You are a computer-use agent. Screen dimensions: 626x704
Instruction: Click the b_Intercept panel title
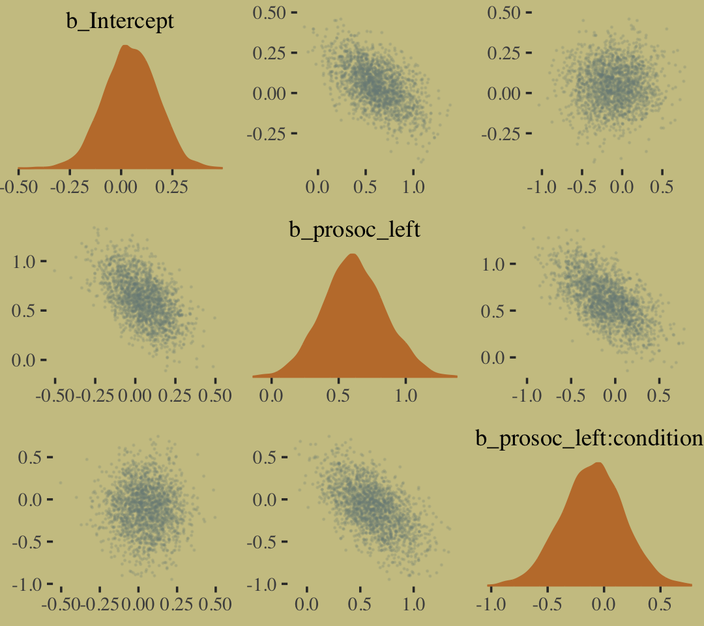pyautogui.click(x=121, y=22)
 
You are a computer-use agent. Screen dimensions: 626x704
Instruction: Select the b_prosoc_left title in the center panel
pyautogui.click(x=355, y=230)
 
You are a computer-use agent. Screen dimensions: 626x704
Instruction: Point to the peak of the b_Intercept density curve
pyautogui.click(x=125, y=46)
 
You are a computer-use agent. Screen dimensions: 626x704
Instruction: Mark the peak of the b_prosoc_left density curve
pyautogui.click(x=353, y=254)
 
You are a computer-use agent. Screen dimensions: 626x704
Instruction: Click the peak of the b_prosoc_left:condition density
pyautogui.click(x=598, y=463)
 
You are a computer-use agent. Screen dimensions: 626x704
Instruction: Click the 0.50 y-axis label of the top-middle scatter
pyautogui.click(x=268, y=12)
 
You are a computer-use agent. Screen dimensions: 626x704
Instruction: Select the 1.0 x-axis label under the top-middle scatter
pyautogui.click(x=413, y=186)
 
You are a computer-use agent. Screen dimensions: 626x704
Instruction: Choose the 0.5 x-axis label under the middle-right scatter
pyautogui.click(x=660, y=395)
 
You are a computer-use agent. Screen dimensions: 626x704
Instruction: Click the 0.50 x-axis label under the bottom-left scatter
pyautogui.click(x=215, y=604)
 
